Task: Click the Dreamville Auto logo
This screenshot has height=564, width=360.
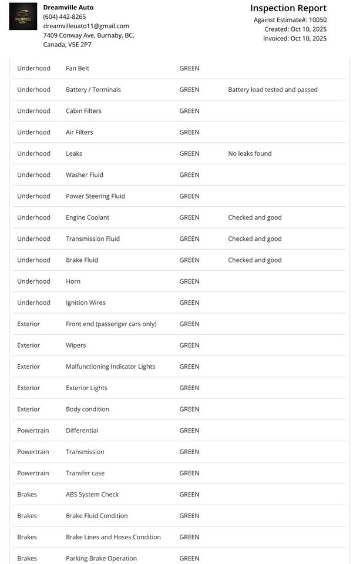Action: click(x=23, y=17)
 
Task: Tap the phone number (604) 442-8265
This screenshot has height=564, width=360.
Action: click(x=65, y=16)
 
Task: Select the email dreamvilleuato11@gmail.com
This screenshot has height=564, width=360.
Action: click(x=86, y=26)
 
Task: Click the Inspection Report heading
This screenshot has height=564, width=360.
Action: click(x=288, y=8)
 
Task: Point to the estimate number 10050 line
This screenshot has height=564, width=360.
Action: click(x=290, y=19)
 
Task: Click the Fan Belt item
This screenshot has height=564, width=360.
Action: click(x=78, y=68)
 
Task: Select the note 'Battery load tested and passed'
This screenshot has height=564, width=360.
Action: click(x=272, y=90)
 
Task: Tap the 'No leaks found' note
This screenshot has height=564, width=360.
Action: click(x=250, y=153)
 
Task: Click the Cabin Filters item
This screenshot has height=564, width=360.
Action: click(x=83, y=111)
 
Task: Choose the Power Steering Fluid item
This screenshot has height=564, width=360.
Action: click(x=95, y=196)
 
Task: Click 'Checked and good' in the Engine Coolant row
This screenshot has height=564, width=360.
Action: click(x=255, y=217)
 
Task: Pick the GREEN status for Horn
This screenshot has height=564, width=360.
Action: click(x=189, y=281)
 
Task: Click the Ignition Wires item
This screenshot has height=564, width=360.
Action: click(x=86, y=303)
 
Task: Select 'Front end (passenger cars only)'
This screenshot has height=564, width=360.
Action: click(x=111, y=324)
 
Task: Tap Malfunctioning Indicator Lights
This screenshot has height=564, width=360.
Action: click(x=110, y=367)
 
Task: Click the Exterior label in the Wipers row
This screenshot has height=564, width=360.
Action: click(x=28, y=345)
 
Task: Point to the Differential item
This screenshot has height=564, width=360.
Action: click(x=82, y=431)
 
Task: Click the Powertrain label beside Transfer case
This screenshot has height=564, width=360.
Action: click(x=33, y=473)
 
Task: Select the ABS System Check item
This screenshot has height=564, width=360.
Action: click(x=92, y=494)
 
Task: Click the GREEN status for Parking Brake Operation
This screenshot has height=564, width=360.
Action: click(x=189, y=558)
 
